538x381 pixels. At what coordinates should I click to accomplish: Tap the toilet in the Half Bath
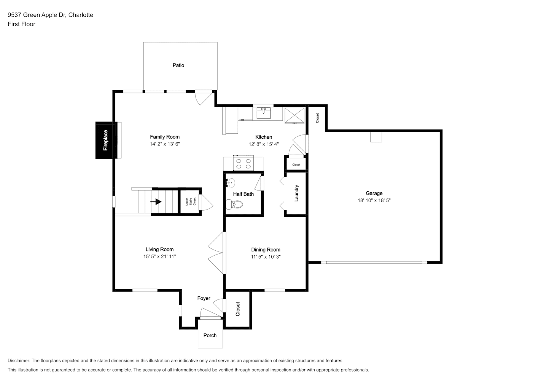(x=234, y=205)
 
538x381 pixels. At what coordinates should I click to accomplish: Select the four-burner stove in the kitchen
(x=243, y=163)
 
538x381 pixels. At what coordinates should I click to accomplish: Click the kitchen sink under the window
(x=263, y=113)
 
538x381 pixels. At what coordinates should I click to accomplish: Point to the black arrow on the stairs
(x=156, y=202)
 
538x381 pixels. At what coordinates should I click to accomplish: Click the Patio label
(x=178, y=65)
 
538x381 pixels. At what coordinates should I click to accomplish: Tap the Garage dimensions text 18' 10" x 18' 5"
(x=374, y=200)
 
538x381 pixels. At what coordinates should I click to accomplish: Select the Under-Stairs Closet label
(x=191, y=202)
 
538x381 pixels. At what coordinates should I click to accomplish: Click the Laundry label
(x=296, y=193)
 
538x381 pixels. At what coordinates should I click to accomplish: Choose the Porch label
(x=210, y=335)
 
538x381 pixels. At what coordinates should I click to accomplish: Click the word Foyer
(x=204, y=298)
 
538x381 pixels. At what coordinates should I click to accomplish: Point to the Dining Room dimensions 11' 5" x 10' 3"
(x=266, y=257)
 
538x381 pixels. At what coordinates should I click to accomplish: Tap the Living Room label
(x=159, y=250)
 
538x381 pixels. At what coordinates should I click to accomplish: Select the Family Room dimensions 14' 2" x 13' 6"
(x=165, y=144)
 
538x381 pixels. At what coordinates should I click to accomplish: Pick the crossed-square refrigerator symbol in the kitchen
(x=294, y=115)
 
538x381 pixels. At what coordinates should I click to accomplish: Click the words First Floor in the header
(x=21, y=24)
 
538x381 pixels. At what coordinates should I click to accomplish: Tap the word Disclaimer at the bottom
(x=19, y=360)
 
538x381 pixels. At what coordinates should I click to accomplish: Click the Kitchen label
(x=263, y=137)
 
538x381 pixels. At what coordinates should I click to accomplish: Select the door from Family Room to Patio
(x=204, y=98)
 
